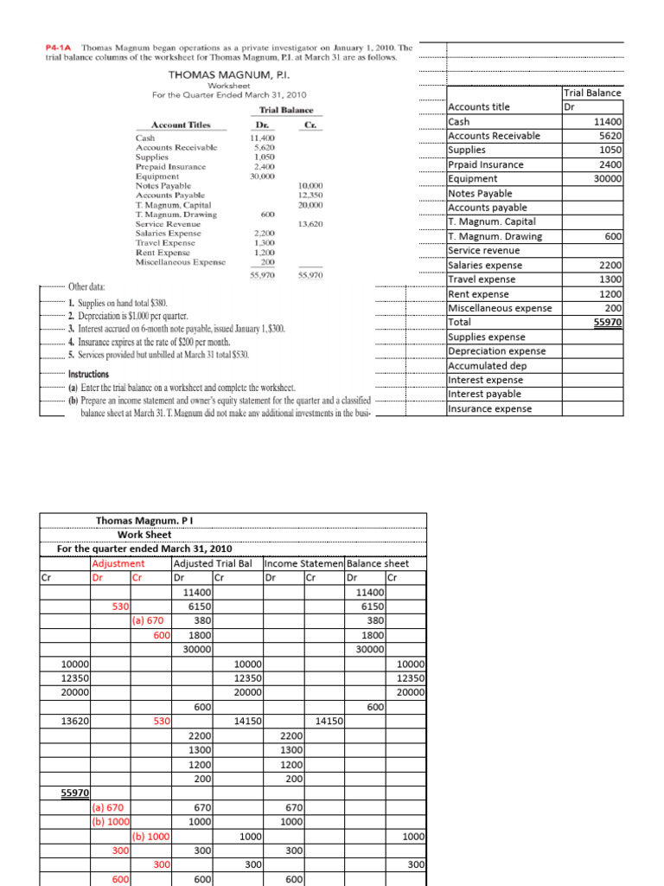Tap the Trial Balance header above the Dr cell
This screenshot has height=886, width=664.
(x=591, y=93)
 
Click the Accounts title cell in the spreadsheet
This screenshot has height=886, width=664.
(x=480, y=107)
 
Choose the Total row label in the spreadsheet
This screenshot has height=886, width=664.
(x=460, y=322)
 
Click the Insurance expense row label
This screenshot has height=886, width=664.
(x=489, y=408)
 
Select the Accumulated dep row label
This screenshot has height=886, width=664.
(x=486, y=365)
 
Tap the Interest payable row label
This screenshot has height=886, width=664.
(x=484, y=395)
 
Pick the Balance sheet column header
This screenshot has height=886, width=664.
(x=378, y=563)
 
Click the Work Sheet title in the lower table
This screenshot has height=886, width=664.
(x=146, y=534)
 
